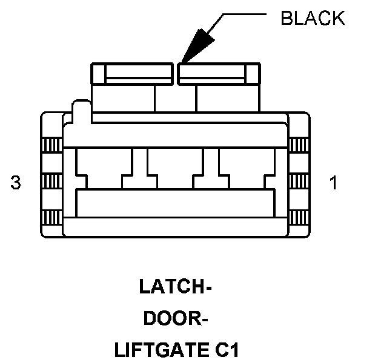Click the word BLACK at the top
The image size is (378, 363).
point(313,18)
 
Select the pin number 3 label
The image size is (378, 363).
point(16,183)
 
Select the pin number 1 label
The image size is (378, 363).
point(333,183)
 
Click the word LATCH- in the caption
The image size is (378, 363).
point(175,287)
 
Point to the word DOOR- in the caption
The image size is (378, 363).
point(176,318)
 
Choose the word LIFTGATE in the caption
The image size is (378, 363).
point(154,349)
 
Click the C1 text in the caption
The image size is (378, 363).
point(222,349)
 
